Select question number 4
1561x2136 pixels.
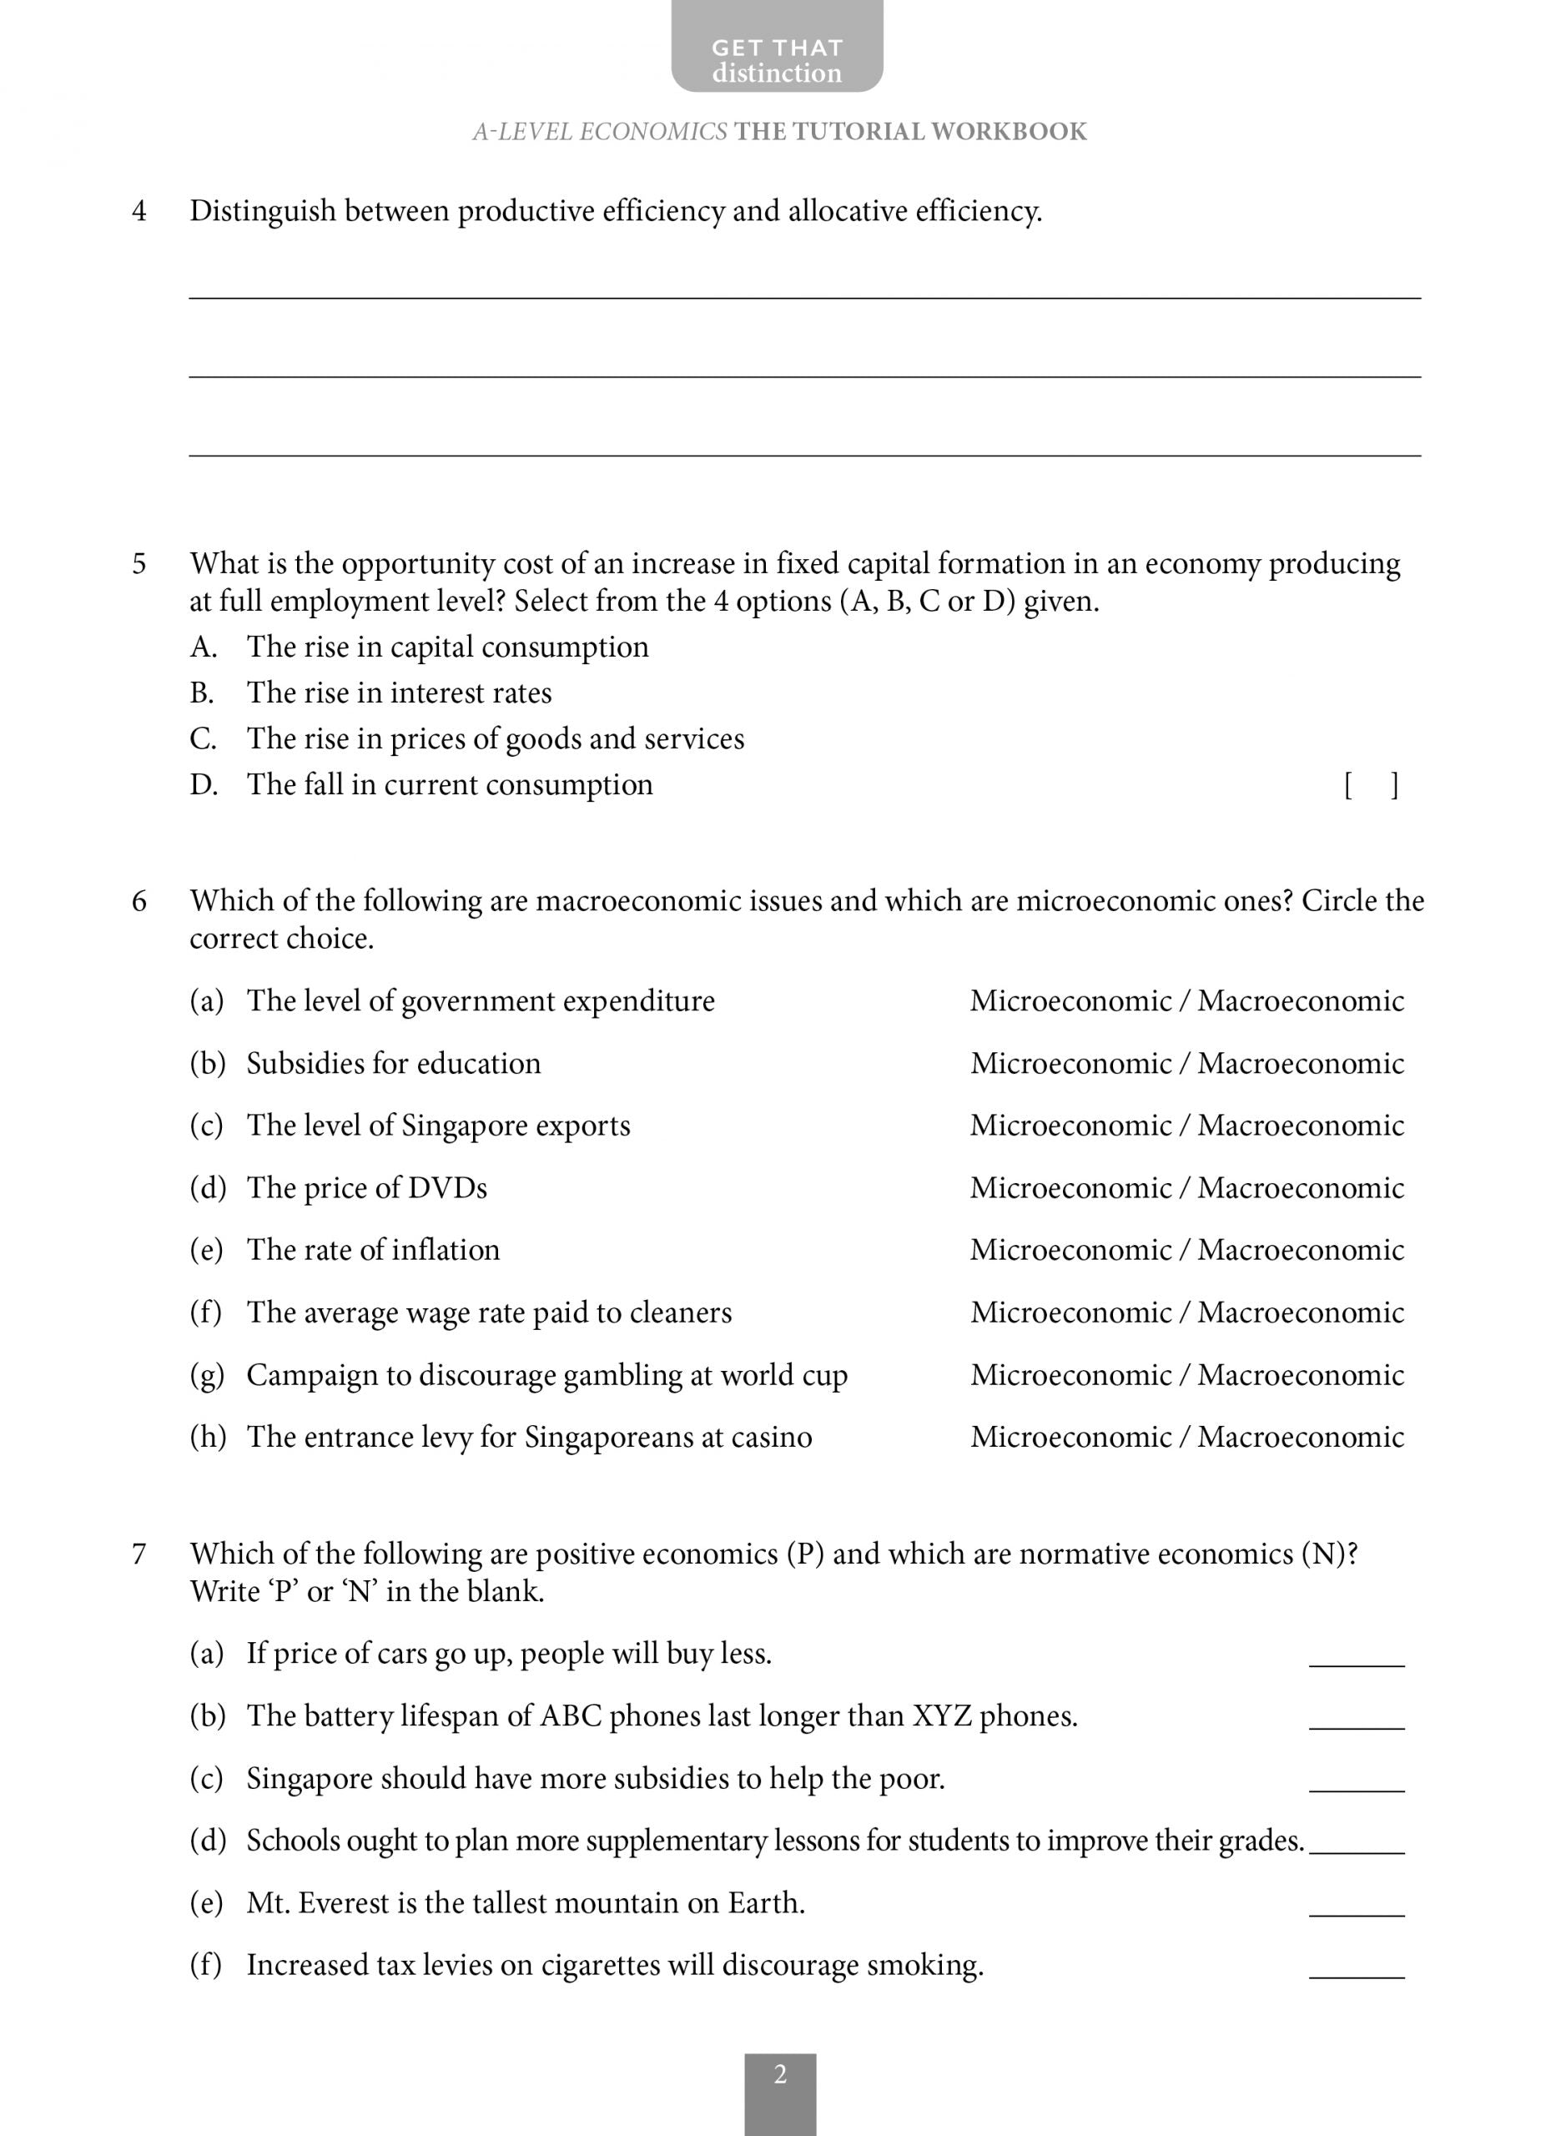pos(138,210)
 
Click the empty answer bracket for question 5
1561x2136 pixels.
pos(1370,785)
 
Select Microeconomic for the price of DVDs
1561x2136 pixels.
pos(1070,1187)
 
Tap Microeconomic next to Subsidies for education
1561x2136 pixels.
pos(1070,1063)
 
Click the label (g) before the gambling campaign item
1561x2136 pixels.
pos(207,1374)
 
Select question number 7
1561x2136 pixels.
pos(138,1554)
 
